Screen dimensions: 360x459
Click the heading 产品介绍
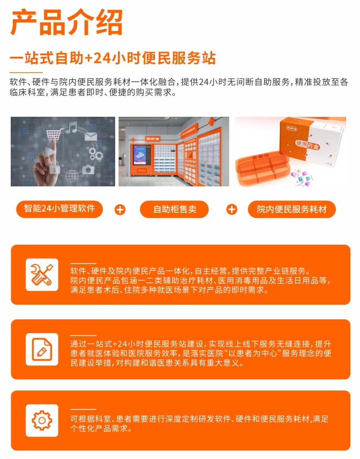click(66, 22)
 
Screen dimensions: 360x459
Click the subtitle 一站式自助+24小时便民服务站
click(112, 58)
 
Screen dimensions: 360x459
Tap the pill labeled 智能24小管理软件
click(59, 209)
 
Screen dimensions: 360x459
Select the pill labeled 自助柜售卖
click(174, 209)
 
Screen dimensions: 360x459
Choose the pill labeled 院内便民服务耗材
click(292, 209)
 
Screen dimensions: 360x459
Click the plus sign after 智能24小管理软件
click(119, 209)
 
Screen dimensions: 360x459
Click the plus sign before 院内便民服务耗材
click(232, 209)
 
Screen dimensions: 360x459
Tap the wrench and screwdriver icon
click(42, 275)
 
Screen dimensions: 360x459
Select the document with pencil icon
click(42, 349)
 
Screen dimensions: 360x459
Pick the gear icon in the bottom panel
click(42, 420)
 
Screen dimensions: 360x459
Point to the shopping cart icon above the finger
click(55, 134)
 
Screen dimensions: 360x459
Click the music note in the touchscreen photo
click(71, 127)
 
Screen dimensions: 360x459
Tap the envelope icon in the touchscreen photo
click(91, 137)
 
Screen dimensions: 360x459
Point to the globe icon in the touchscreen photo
click(72, 176)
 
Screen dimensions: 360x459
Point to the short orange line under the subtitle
click(26, 72)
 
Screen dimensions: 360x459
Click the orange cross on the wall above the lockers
click(211, 121)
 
